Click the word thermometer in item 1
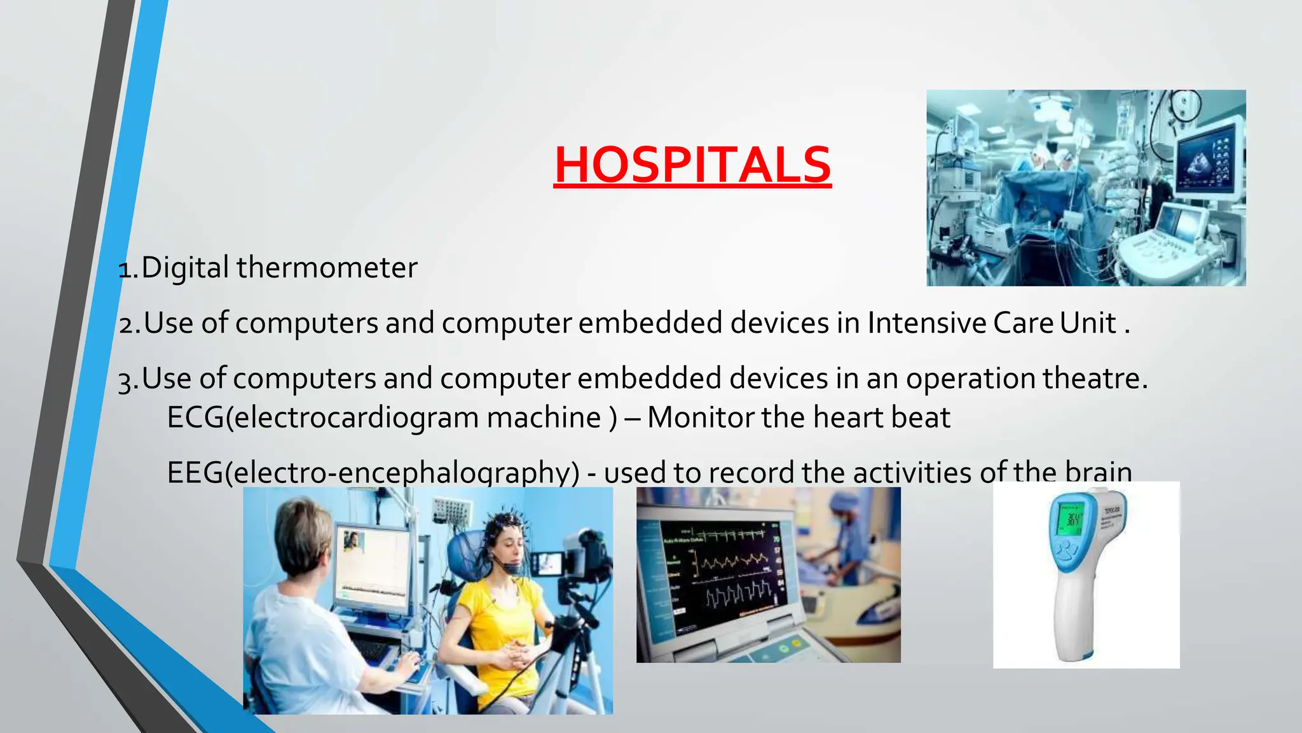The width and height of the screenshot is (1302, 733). point(327,268)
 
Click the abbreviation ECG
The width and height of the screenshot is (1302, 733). point(195,418)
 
